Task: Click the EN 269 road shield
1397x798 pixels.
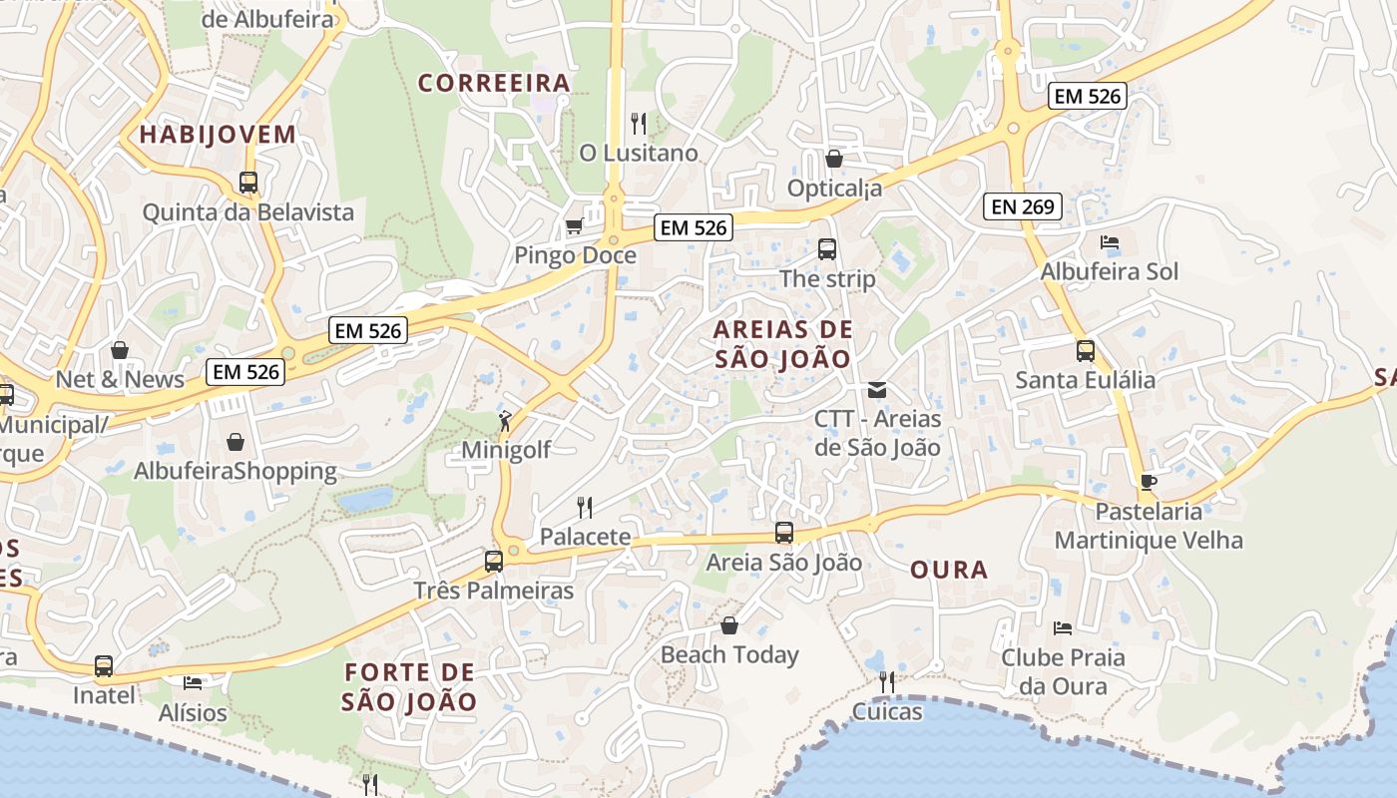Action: (1022, 206)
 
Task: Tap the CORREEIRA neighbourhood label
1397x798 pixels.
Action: (494, 83)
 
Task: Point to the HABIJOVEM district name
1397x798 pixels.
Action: (218, 135)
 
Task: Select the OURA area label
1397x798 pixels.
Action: (949, 570)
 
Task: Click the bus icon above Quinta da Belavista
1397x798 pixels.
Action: (248, 183)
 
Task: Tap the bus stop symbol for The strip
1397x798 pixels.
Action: (827, 249)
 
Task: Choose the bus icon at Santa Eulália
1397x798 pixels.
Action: (1086, 351)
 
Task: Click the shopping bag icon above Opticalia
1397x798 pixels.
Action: (834, 159)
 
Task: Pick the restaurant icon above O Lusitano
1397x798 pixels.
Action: (639, 124)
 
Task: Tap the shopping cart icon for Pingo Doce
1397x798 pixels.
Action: (574, 226)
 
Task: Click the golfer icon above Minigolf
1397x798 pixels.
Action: (506, 421)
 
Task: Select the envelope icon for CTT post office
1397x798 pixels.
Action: (877, 390)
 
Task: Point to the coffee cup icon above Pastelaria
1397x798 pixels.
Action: (1149, 483)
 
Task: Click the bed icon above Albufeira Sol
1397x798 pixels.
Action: (1110, 242)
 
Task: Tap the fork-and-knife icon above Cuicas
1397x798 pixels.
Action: (886, 682)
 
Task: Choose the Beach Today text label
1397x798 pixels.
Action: (729, 655)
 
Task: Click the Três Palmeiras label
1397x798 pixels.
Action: (494, 591)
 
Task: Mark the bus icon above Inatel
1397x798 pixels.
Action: (104, 666)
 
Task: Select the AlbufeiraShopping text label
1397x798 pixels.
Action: (235, 471)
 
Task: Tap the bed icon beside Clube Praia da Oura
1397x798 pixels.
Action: (1063, 628)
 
